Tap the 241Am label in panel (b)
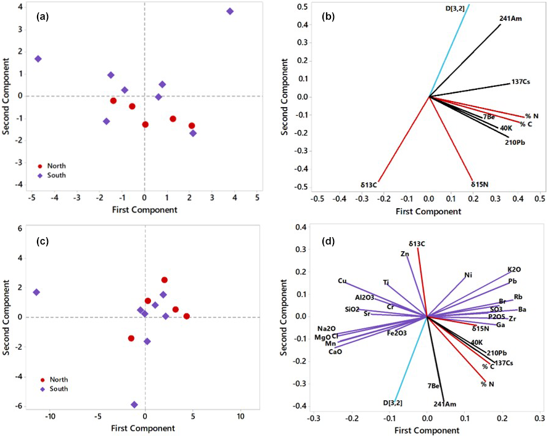tap(511, 19)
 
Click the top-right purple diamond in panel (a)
tap(230, 12)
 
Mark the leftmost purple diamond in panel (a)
tap(38, 59)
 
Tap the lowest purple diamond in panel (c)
tap(134, 405)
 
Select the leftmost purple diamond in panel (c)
tap(36, 292)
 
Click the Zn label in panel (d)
tap(404, 254)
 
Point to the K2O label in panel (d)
tap(514, 270)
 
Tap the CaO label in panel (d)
tap(335, 352)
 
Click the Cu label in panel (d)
tap(342, 281)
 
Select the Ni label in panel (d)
tap(469, 275)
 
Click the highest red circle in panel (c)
tap(165, 280)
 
